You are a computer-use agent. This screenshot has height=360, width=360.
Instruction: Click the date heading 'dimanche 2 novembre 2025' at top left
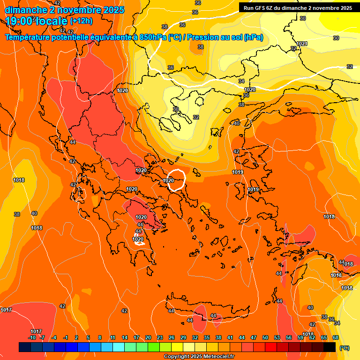[x=64, y=10]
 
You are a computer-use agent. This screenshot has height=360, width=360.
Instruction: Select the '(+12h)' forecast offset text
[x=81, y=21]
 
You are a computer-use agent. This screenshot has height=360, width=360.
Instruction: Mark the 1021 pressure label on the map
[x=302, y=44]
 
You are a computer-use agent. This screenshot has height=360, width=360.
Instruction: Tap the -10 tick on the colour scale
[x=32, y=337]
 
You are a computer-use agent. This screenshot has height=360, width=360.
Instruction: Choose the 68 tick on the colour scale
[x=336, y=337]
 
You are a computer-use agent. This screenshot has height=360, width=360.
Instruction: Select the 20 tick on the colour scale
[x=148, y=337]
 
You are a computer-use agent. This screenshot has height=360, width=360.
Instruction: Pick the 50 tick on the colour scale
[x=265, y=337]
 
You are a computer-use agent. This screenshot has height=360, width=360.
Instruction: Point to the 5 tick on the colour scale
[x=89, y=337]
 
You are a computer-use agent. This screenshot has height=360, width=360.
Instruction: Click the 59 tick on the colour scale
[x=300, y=337]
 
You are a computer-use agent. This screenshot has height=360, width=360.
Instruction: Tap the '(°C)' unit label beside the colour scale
[x=345, y=348]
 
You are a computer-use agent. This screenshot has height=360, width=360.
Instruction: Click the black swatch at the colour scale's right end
[x=330, y=347]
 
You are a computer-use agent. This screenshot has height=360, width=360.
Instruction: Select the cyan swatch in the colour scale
[x=119, y=347]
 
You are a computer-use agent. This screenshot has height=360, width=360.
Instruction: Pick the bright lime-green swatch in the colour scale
[x=154, y=347]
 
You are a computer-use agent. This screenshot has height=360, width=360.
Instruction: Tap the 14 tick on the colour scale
[x=125, y=337]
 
